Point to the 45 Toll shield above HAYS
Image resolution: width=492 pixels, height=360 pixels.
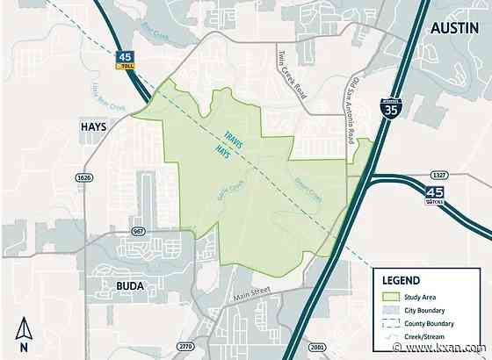(123, 61)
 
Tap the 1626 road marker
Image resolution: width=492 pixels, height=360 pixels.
(84, 176)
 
